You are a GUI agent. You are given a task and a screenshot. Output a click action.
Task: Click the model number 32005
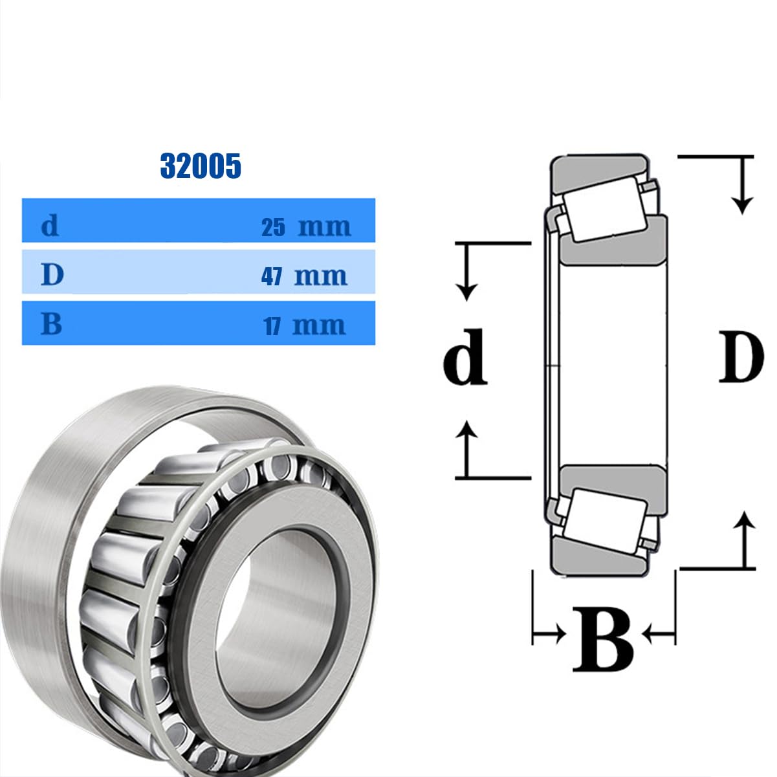(x=201, y=166)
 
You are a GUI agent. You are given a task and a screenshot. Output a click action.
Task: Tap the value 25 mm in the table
(x=305, y=227)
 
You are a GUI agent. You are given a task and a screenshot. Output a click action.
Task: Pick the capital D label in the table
(x=52, y=274)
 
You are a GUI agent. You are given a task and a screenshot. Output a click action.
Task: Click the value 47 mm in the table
(x=304, y=276)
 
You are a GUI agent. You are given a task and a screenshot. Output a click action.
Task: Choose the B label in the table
(x=52, y=323)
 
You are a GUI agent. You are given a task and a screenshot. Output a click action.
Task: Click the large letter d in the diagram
(x=465, y=357)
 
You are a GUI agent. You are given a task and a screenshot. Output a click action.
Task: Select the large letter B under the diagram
(x=603, y=640)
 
